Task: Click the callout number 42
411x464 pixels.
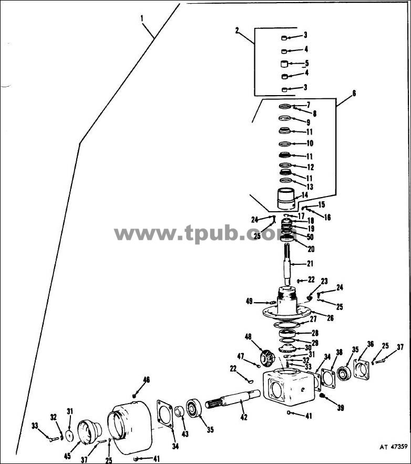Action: pos(244,417)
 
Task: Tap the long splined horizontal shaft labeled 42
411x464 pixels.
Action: pos(233,399)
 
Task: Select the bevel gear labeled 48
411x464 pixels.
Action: pos(266,357)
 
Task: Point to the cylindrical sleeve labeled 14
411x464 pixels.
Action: pos(286,199)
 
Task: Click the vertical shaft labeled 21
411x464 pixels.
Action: pos(287,264)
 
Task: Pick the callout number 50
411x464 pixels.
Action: pos(310,237)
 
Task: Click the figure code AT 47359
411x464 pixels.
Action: pos(394,447)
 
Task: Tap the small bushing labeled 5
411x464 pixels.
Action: pos(284,64)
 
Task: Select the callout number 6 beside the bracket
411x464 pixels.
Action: pos(354,93)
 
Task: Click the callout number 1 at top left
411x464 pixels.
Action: pos(142,18)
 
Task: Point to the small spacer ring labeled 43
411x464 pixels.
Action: pos(179,411)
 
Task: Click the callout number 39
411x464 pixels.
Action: pos(341,408)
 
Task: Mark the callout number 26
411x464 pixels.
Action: pos(330,318)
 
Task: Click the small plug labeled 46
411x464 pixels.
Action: pos(134,396)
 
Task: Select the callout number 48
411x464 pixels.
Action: pos(248,336)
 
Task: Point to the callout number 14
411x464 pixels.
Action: pos(305,195)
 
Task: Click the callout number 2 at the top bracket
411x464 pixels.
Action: pos(237,30)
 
